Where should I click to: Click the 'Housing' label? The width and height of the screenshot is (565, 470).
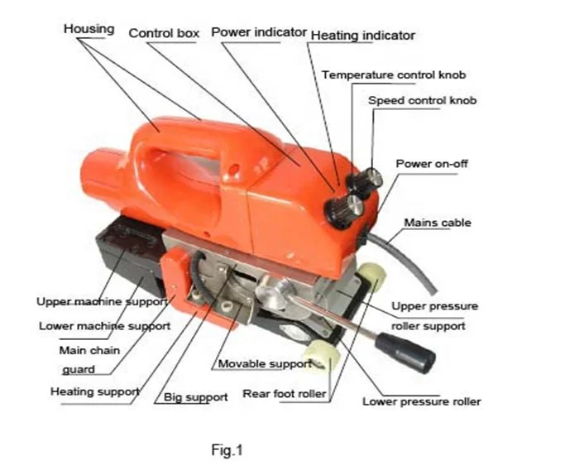tap(89, 29)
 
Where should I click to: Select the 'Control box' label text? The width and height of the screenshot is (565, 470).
tap(164, 33)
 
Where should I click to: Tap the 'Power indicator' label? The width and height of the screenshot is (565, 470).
tap(258, 32)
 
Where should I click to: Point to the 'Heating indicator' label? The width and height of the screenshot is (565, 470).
tap(362, 36)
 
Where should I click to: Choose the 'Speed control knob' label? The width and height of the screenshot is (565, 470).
tap(423, 101)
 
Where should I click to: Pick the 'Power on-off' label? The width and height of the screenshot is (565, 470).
tap(431, 164)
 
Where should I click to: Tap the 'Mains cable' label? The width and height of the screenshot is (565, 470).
tap(438, 223)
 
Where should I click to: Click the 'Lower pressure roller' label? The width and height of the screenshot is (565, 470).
tap(421, 402)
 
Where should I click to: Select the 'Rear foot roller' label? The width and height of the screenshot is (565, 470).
tap(284, 394)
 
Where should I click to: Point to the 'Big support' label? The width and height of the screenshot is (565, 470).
tap(195, 397)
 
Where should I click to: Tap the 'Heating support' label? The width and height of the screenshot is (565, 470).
tap(94, 391)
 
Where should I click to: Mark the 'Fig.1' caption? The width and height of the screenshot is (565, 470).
tap(226, 450)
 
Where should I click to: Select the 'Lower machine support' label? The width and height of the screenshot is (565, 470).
tap(104, 326)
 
